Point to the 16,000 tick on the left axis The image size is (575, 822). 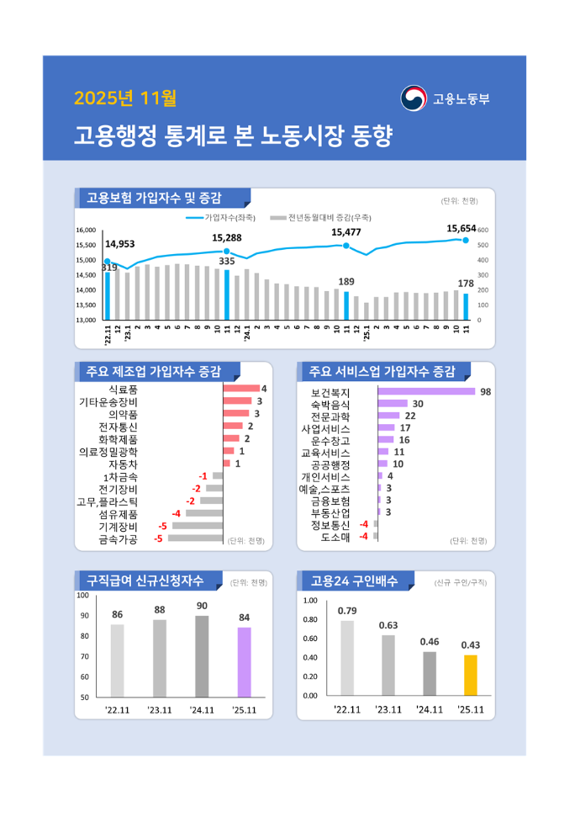[86, 230]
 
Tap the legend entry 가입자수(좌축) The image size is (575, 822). [221, 217]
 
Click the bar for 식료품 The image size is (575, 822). [241, 389]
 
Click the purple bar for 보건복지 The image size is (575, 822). [426, 391]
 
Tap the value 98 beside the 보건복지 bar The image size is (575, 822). [485, 391]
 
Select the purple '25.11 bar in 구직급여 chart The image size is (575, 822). [244, 661]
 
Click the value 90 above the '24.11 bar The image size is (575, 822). [202, 606]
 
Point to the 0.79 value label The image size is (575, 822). [347, 610]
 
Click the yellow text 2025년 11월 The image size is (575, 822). [125, 99]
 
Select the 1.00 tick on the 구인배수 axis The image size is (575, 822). [309, 601]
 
